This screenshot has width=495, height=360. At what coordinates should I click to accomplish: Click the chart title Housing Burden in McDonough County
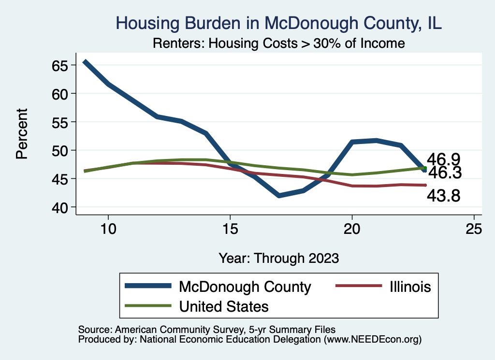pyautogui.click(x=278, y=23)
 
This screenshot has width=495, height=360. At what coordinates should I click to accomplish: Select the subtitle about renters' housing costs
pyautogui.click(x=278, y=43)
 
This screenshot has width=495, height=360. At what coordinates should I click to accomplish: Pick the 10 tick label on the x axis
pyautogui.click(x=108, y=230)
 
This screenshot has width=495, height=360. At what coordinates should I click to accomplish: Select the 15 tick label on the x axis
pyautogui.click(x=230, y=230)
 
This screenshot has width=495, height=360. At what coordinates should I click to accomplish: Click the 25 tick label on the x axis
pyautogui.click(x=474, y=230)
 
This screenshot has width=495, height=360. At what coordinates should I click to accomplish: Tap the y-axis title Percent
pyautogui.click(x=22, y=133)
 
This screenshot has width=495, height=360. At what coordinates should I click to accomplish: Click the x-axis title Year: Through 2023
pyautogui.click(x=278, y=258)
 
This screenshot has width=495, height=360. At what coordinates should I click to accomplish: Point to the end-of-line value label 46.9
pyautogui.click(x=443, y=159)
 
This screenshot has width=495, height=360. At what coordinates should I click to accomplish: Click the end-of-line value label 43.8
pyautogui.click(x=443, y=196)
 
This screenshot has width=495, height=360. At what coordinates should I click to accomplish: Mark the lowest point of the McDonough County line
pyautogui.click(x=279, y=196)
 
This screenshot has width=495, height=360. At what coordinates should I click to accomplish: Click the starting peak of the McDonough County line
pyautogui.click(x=85, y=62)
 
